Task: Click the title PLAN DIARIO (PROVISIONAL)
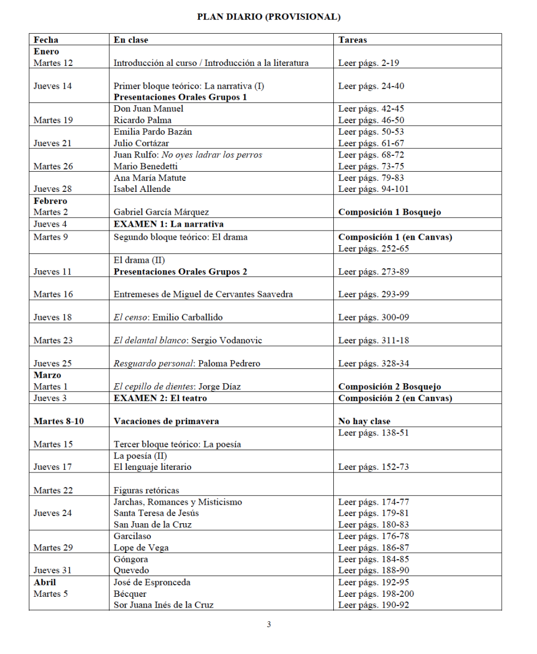pyautogui.click(x=268, y=17)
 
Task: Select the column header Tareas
pyautogui.click(x=352, y=40)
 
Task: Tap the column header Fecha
pyautogui.click(x=46, y=40)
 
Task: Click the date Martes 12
pyautogui.click(x=53, y=63)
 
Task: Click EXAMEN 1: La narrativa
pyautogui.click(x=168, y=224)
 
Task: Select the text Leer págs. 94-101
pyautogui.click(x=374, y=189)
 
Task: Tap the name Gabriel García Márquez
pyautogui.click(x=161, y=212)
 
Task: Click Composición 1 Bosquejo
pyautogui.click(x=389, y=212)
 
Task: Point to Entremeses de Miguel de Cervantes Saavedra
pyautogui.click(x=203, y=294)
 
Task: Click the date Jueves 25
pyautogui.click(x=53, y=364)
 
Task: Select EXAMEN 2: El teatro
pyautogui.click(x=160, y=398)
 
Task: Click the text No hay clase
pyautogui.click(x=364, y=421)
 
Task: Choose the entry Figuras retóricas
pyautogui.click(x=146, y=491)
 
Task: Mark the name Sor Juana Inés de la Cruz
pyautogui.click(x=163, y=605)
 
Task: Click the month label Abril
pyautogui.click(x=45, y=582)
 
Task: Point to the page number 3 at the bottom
pyautogui.click(x=268, y=625)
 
